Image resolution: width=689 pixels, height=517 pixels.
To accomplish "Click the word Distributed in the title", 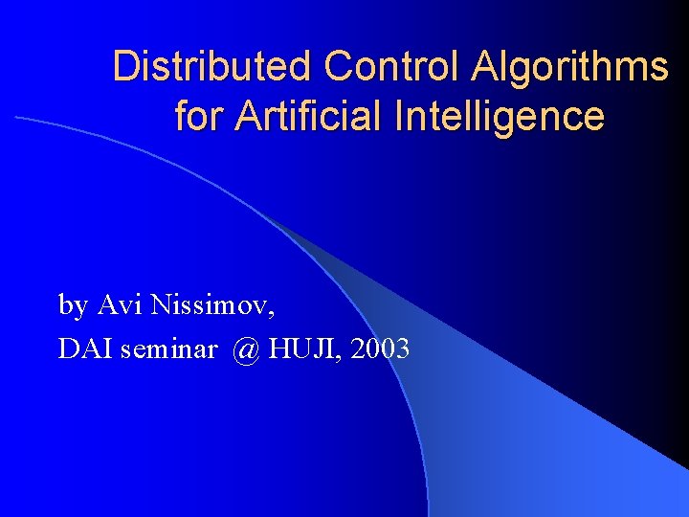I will [212, 67].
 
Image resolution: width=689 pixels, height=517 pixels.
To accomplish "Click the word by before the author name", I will [74, 306].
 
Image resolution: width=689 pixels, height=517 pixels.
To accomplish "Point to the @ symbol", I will [245, 350].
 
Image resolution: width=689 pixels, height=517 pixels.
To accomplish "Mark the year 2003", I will [381, 349].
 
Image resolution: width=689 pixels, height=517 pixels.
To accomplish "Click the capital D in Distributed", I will [124, 67].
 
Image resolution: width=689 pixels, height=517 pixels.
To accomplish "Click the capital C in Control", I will [337, 67].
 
